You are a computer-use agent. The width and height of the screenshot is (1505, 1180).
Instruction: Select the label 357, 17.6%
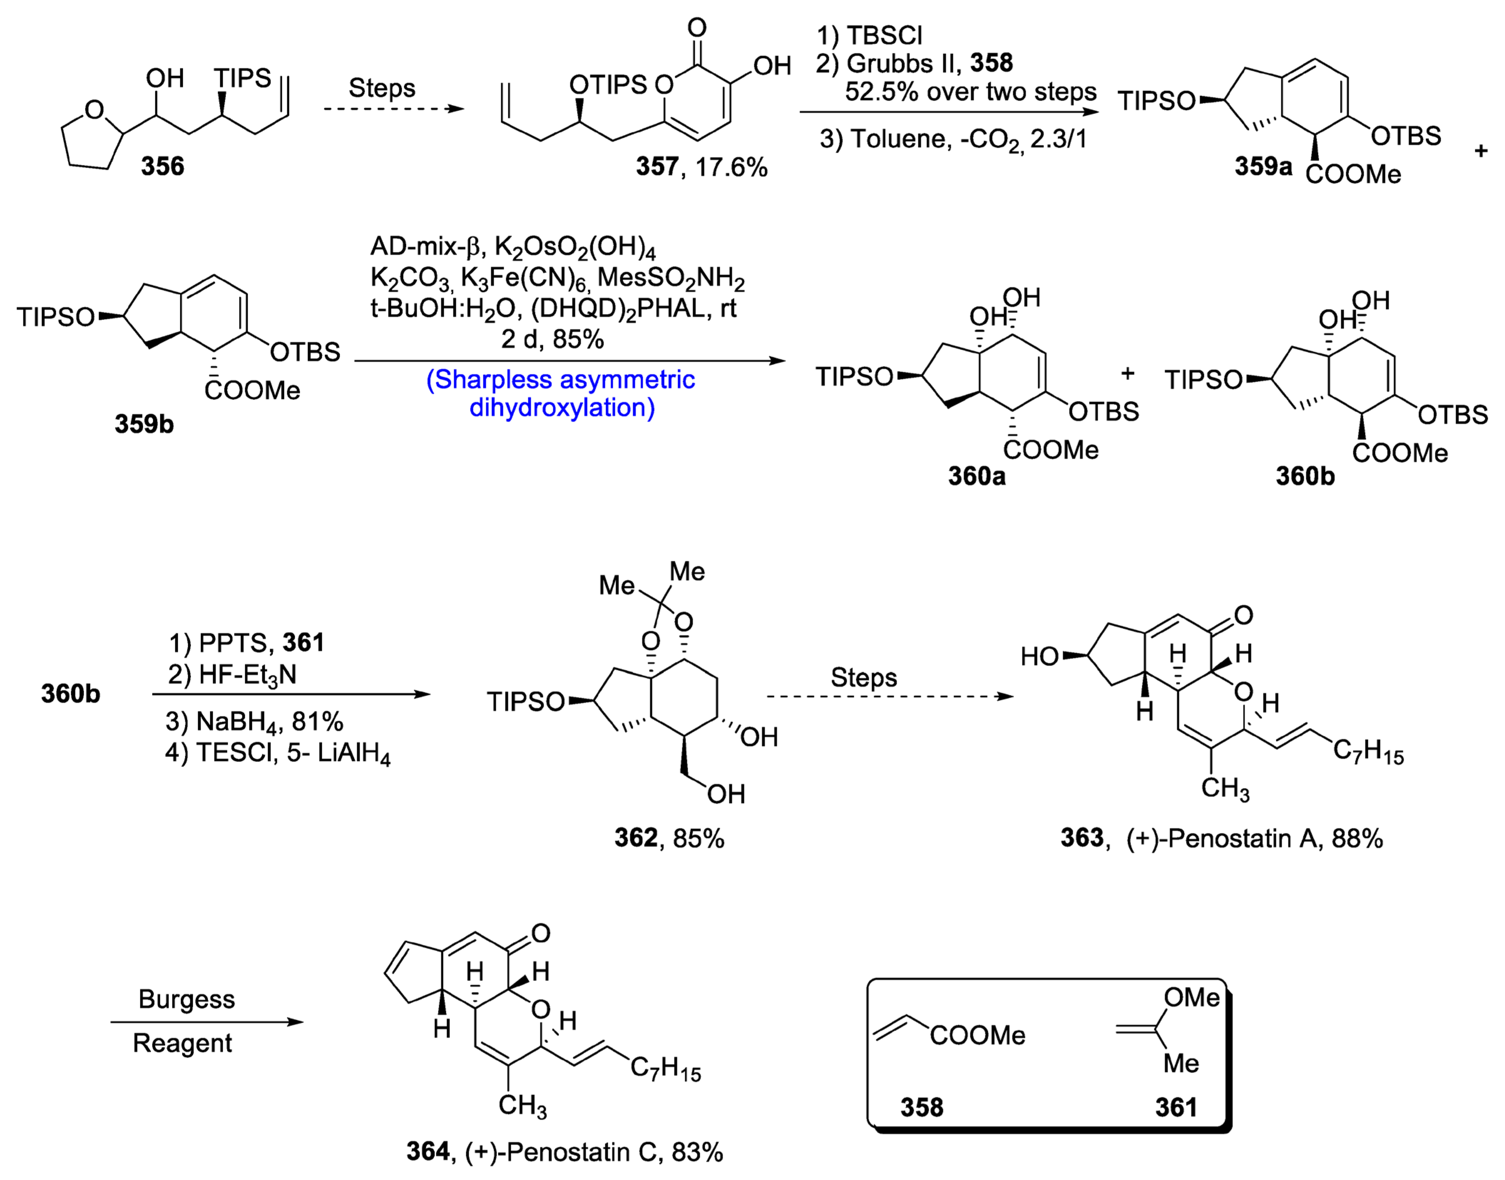tap(701, 167)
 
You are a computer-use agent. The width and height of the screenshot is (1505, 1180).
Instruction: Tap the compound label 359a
tap(1263, 167)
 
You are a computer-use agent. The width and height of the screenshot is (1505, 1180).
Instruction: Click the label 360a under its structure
tap(976, 476)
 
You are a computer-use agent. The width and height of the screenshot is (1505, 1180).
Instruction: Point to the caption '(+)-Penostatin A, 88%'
tap(1254, 838)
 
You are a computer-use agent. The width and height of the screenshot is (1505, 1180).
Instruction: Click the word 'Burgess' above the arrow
tap(187, 999)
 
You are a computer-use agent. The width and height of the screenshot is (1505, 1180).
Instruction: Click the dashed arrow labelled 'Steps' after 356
tap(394, 108)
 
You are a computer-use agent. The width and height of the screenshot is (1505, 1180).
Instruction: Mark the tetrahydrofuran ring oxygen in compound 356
tap(94, 110)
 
